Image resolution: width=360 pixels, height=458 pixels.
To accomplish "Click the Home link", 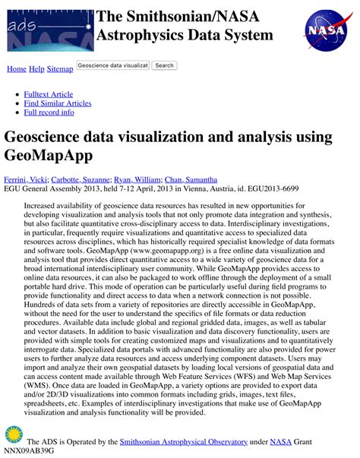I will tap(16, 69).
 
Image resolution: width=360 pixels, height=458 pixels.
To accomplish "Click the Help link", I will tap(36, 69).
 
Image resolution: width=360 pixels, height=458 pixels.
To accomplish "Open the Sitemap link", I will tap(60, 69).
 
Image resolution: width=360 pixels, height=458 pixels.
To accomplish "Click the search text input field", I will tap(112, 65).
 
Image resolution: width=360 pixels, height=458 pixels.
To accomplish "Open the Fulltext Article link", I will tap(49, 94).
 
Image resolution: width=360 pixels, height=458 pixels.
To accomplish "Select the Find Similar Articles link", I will tap(58, 103).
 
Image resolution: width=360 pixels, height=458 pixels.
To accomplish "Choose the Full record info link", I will tap(49, 112).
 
